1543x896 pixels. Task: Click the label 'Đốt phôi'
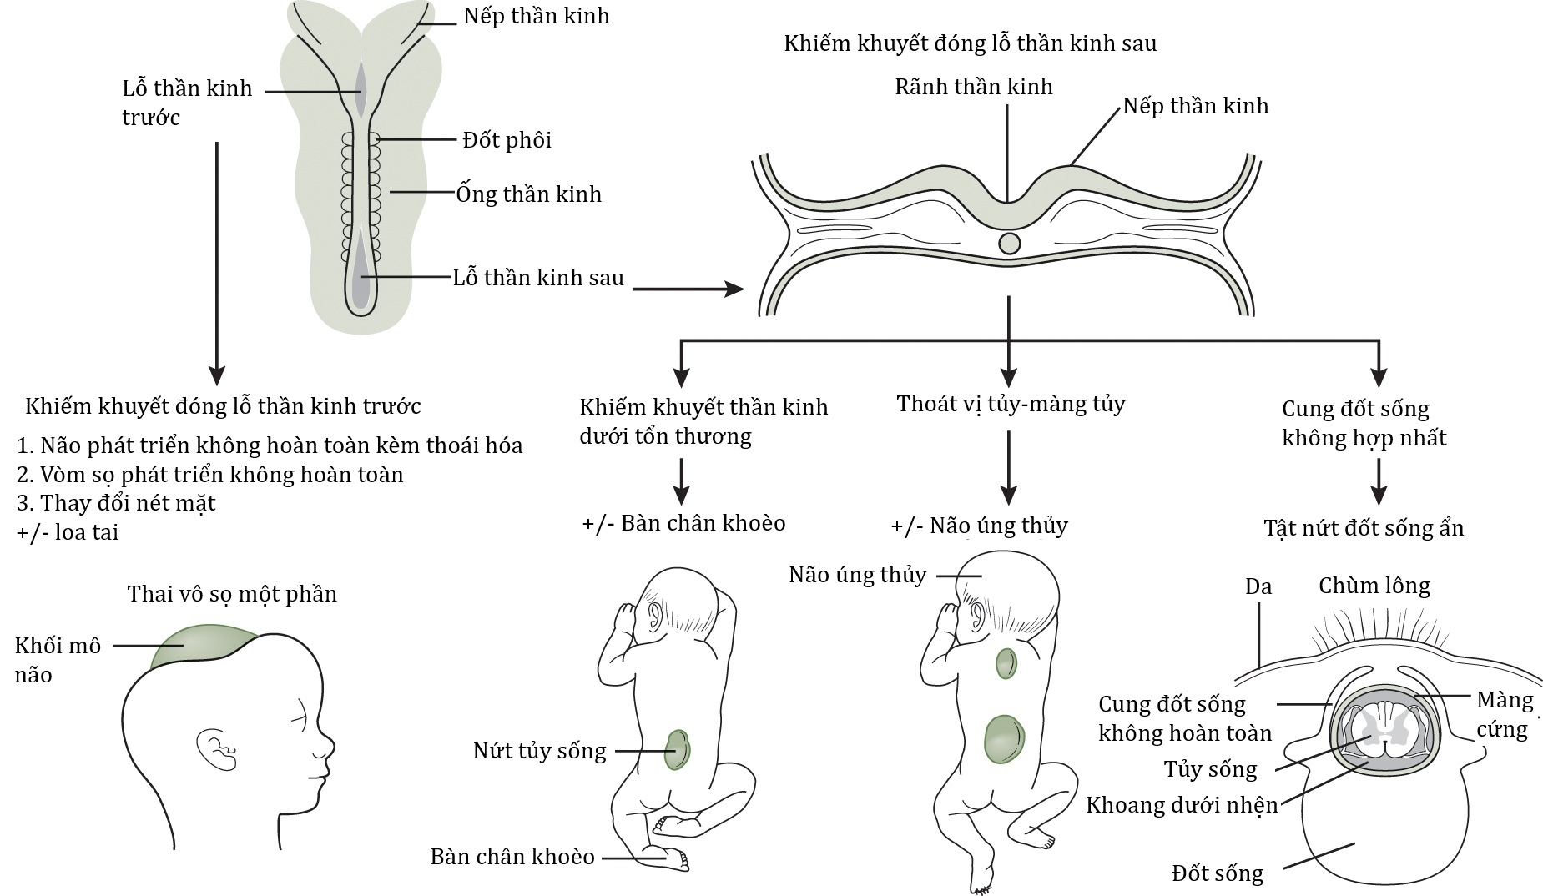click(x=507, y=140)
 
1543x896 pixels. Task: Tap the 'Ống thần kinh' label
click(x=528, y=194)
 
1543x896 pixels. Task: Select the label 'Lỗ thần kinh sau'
click(x=538, y=278)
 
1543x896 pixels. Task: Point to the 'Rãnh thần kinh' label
click(x=973, y=87)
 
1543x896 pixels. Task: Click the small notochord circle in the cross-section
click(x=1009, y=244)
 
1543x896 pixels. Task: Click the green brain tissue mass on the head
click(x=203, y=647)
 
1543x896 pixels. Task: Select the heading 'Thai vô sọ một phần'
click(x=232, y=594)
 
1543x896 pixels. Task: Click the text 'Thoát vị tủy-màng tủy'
click(x=1011, y=405)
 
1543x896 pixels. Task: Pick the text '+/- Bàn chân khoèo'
click(x=683, y=523)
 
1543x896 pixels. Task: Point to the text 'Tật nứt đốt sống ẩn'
click(x=1364, y=529)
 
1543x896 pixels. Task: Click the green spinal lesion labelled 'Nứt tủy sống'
click(x=677, y=749)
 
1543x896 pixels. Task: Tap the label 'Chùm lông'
click(x=1374, y=586)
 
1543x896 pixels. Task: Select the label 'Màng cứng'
click(x=1505, y=714)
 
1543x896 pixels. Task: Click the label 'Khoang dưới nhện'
click(x=1182, y=805)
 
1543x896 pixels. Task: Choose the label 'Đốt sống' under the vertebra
click(x=1217, y=873)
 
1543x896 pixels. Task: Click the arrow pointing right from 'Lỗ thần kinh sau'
click(x=688, y=289)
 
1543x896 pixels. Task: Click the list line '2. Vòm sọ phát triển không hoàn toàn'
click(x=209, y=475)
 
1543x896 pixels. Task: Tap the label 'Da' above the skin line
click(x=1258, y=586)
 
